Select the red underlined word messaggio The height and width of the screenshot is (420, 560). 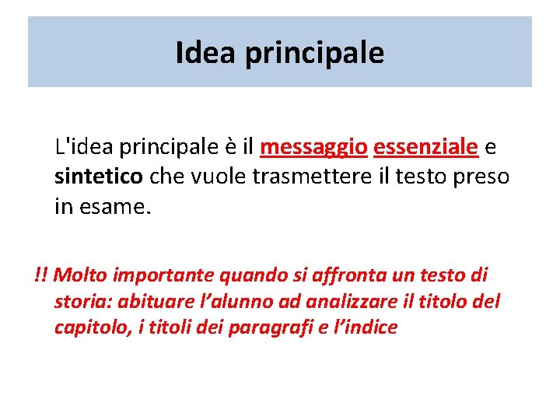314,145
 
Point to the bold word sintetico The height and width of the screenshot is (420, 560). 98,177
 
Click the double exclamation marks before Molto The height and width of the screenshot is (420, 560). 41,275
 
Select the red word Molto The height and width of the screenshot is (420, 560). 82,275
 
